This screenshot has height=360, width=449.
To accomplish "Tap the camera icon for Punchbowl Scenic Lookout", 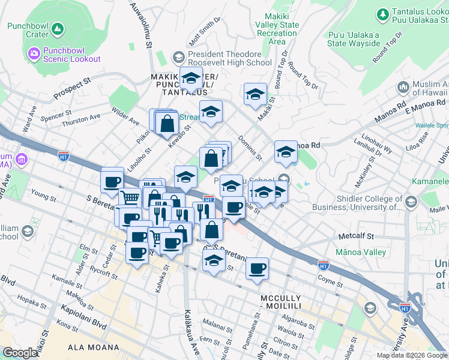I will pos(34,54).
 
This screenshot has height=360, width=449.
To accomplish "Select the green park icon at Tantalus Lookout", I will pos(382,14).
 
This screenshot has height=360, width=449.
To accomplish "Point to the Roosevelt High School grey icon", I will pos(178,58).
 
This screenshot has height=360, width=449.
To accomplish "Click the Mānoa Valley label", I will pos(361,252).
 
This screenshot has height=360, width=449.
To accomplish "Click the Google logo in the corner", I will pos(20,353).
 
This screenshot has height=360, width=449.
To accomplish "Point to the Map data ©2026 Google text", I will pos(412,355).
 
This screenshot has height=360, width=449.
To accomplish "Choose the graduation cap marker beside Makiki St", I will pos(255,94).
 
